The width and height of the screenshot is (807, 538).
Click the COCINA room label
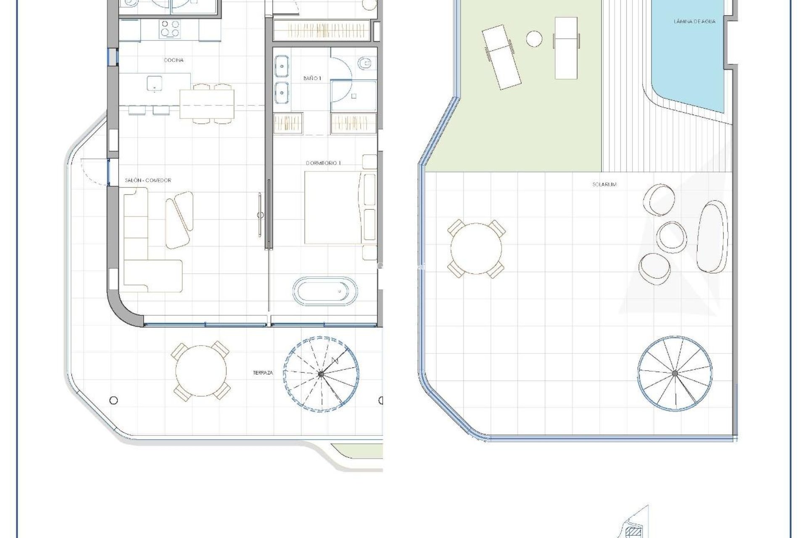(173, 60)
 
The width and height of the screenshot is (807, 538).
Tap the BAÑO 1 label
(312, 79)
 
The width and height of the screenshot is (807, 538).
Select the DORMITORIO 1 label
(323, 163)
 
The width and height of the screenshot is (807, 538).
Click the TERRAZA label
(263, 373)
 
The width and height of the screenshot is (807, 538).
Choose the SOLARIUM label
(604, 185)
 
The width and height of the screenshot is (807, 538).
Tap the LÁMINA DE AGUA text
(694, 21)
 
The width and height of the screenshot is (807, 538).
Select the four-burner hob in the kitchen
(170, 29)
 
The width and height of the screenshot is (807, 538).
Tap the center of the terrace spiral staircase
(321, 373)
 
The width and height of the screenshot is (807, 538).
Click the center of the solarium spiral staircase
(675, 373)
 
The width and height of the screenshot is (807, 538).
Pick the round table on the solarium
(476, 249)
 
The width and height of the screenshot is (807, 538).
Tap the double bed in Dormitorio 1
(333, 209)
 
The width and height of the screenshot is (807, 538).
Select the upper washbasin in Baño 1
(282, 67)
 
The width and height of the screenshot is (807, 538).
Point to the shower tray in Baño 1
(353, 96)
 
